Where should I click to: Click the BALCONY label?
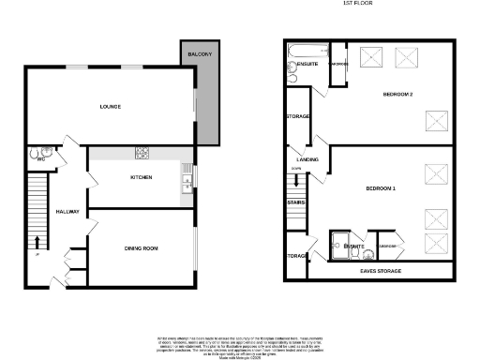pos(198,55)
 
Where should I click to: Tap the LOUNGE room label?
pos(111,106)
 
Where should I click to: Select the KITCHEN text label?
pos(142,177)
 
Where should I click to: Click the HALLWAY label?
pos(67,212)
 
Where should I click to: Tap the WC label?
pos(41,159)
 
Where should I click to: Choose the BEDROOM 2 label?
pos(398,96)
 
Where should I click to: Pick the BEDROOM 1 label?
pos(381,189)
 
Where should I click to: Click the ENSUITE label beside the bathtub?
pos(307,64)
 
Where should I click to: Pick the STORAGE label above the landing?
pos(298,116)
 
